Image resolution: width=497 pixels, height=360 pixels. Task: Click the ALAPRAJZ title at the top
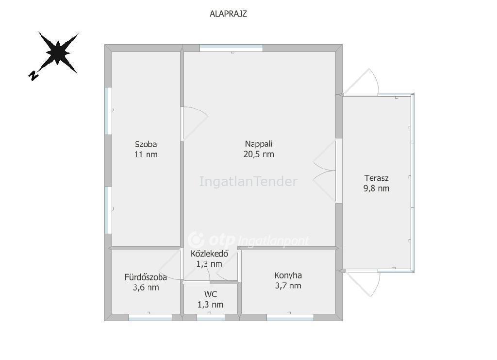[228, 14]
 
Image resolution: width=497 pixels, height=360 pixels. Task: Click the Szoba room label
[146, 144]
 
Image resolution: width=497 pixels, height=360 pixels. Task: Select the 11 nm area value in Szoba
[146, 154]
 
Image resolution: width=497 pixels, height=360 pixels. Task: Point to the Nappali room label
[259, 144]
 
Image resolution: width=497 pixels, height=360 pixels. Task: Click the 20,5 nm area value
[259, 154]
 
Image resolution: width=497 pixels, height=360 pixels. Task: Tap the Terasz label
[376, 178]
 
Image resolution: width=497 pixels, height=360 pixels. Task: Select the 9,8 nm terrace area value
[376, 189]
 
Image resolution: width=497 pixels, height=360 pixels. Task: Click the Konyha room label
[288, 275]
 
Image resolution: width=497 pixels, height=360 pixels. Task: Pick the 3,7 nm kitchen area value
[288, 286]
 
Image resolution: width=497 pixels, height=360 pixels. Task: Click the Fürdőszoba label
[146, 277]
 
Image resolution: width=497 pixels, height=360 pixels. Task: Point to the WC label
[211, 294]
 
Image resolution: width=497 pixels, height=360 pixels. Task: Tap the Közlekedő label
[210, 254]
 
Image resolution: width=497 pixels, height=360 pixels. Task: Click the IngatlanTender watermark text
[248, 181]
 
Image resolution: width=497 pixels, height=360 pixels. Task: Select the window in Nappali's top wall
[232, 48]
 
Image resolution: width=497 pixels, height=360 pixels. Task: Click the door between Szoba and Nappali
[194, 124]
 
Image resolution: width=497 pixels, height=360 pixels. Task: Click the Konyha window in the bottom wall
[290, 317]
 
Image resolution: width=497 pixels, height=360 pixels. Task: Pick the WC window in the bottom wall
[211, 317]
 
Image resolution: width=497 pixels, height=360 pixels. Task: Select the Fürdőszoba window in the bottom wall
[150, 317]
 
